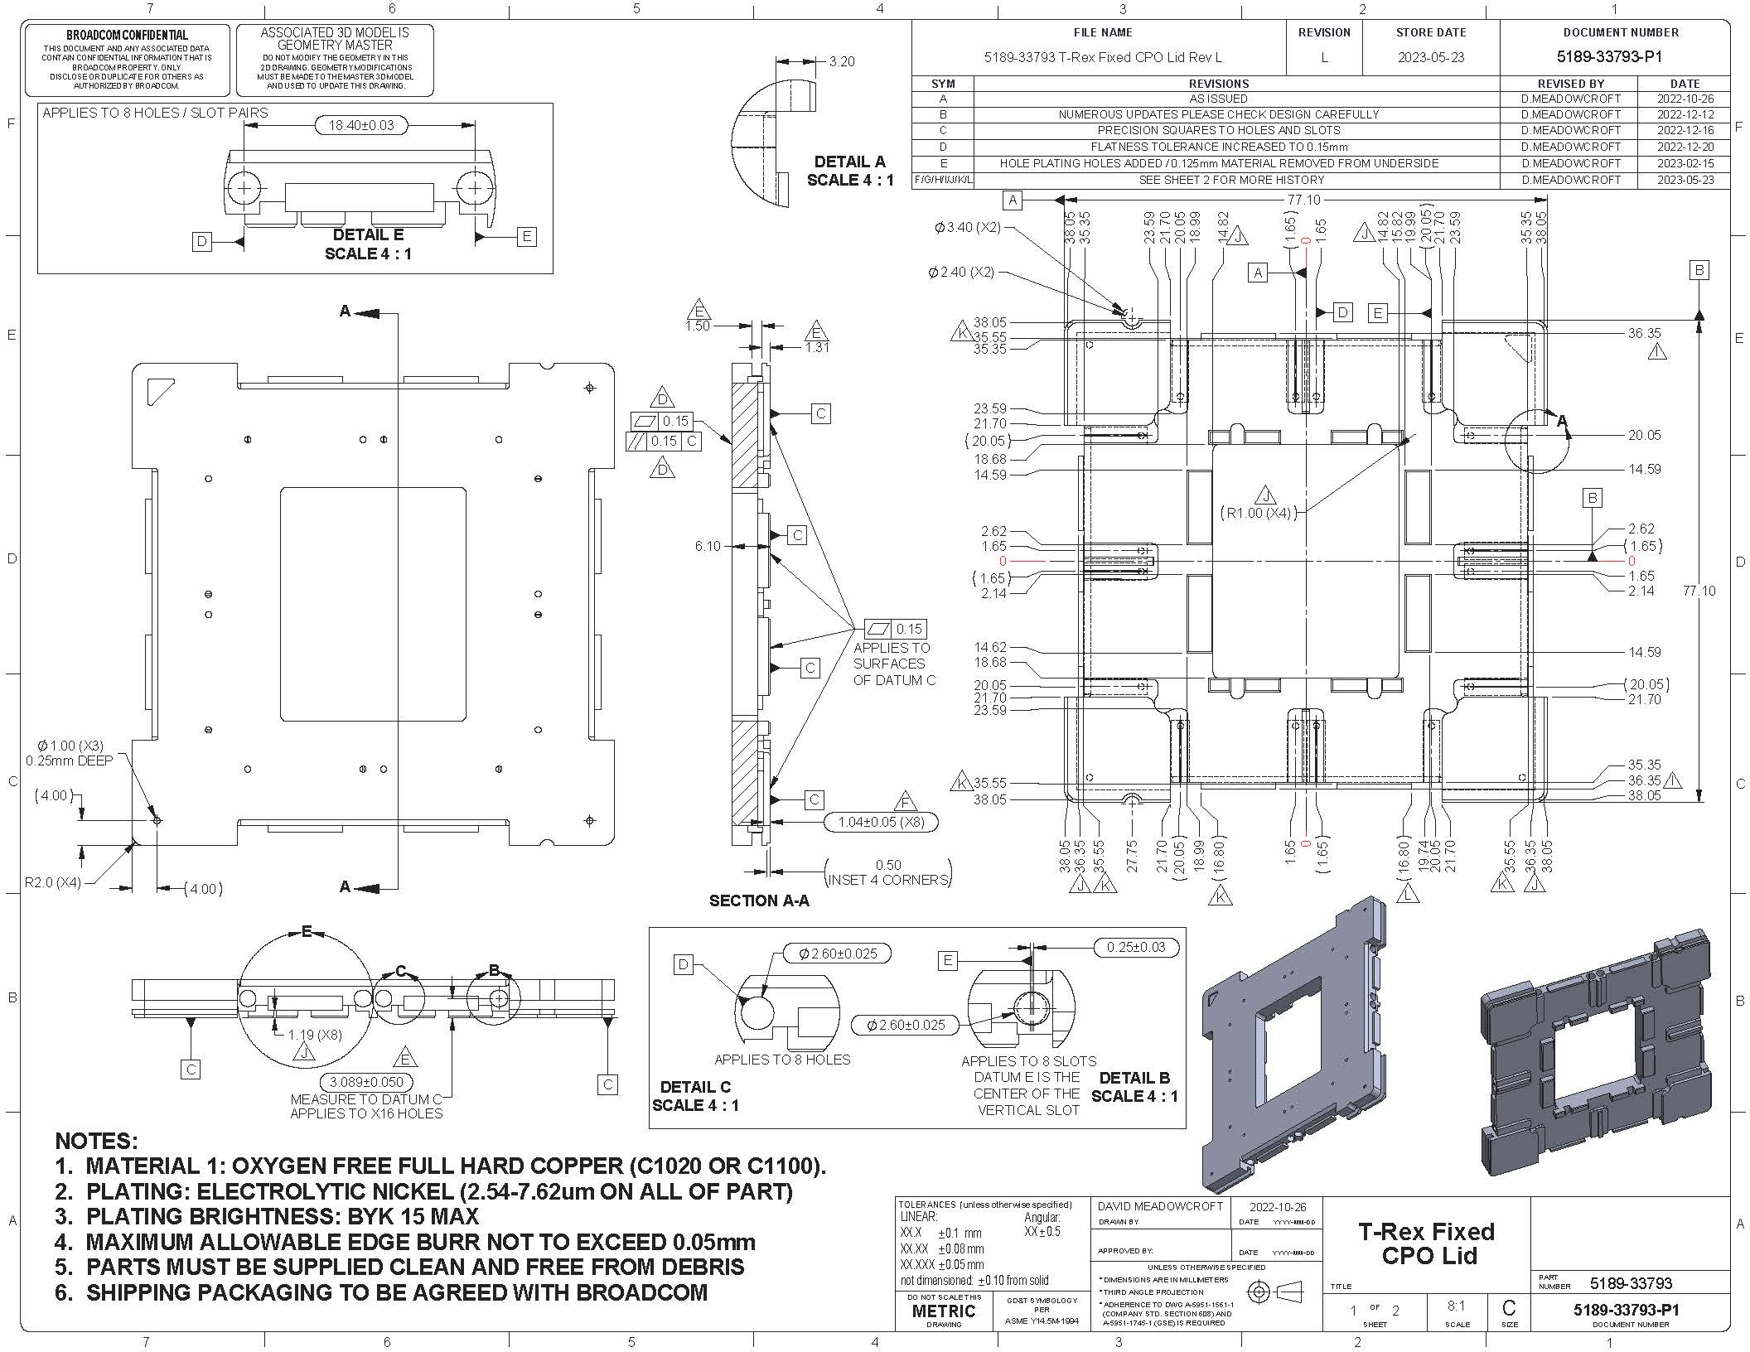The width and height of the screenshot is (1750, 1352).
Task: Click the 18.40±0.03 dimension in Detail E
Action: point(361,126)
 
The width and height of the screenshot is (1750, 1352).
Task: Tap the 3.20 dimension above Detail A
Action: point(841,61)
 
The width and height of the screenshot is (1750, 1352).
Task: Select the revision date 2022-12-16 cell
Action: point(1685,130)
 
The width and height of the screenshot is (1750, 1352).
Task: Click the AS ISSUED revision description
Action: point(1218,99)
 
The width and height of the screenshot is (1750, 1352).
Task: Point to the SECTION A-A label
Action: point(758,901)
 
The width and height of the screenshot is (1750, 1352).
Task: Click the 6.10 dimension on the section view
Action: point(708,546)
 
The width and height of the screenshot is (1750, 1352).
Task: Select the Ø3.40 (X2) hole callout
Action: point(967,227)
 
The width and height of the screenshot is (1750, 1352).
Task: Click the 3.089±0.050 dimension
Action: point(366,1082)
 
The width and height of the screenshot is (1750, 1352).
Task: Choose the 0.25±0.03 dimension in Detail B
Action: point(1134,947)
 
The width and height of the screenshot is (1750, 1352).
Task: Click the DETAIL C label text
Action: point(695,1087)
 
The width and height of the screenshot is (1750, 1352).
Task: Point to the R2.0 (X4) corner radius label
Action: point(53,882)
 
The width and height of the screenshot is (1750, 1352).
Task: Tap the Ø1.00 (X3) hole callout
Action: point(70,746)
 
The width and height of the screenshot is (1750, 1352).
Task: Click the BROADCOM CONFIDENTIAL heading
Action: point(127,35)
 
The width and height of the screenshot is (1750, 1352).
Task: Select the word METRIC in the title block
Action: point(944,1311)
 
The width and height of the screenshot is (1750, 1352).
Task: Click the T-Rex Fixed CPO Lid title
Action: point(1426,1243)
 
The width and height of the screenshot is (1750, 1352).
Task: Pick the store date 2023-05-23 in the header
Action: point(1430,57)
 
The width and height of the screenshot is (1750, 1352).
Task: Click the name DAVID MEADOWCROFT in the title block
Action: point(1160,1206)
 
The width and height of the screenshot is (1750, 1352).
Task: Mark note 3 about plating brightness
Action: point(267,1216)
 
